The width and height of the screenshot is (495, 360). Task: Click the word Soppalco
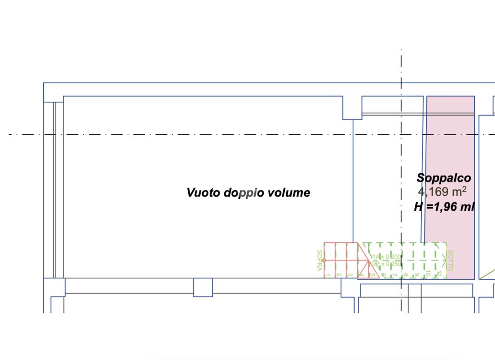pyautogui.click(x=444, y=178)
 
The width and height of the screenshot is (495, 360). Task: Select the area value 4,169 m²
pyautogui.click(x=442, y=191)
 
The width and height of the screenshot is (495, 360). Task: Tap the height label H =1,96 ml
pyautogui.click(x=444, y=207)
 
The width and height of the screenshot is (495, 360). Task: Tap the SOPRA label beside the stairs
pyautogui.click(x=319, y=260)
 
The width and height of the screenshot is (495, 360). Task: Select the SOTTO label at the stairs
pyautogui.click(x=450, y=260)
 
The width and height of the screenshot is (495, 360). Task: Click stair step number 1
pyautogui.click(x=328, y=275)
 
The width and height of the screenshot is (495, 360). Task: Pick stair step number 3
pyautogui.click(x=350, y=275)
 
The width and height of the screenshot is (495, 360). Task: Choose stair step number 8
pyautogui.click(x=405, y=275)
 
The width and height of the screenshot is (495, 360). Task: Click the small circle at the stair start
pyautogui.click(x=324, y=260)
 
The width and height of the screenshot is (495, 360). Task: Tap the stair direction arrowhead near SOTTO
pyautogui.click(x=442, y=260)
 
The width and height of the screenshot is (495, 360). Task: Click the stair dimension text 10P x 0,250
pyautogui.click(x=386, y=263)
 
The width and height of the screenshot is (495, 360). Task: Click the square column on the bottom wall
pyautogui.click(x=203, y=287)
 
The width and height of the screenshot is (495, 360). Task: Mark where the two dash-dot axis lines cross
pyautogui.click(x=401, y=134)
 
